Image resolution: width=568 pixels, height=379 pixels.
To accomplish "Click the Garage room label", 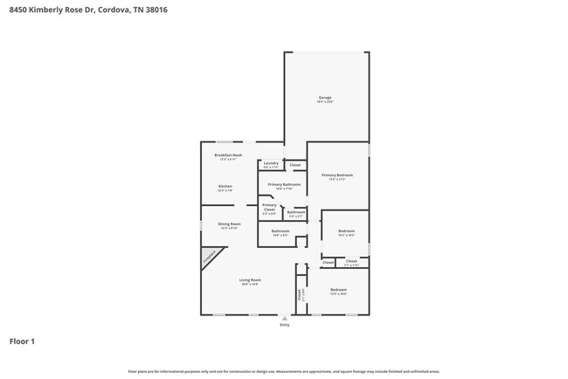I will pos(325,98).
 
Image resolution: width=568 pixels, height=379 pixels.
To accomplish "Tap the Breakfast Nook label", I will pos(229,155).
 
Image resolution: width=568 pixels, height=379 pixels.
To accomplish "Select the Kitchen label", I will pos(225,187).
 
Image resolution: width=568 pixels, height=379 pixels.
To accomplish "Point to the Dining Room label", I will pos(229,224).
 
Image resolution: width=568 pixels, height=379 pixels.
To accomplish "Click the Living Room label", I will pos(250,280).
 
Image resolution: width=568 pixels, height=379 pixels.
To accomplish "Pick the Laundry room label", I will pos(271,163).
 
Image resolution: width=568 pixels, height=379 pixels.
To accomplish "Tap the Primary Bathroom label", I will pos(284,185).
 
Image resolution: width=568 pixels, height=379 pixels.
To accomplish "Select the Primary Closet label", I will pos(269,207).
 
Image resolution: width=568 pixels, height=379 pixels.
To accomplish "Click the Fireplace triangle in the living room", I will pos(210,257).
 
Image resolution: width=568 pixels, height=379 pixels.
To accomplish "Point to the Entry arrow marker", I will pos(284,318).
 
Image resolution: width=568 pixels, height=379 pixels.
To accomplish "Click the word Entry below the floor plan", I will pos(284,325).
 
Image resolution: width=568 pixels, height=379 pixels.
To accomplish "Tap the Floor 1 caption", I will pos(22,341).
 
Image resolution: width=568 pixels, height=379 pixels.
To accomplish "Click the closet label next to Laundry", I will pos(295,165).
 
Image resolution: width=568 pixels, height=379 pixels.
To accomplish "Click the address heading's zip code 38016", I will pos(155,10).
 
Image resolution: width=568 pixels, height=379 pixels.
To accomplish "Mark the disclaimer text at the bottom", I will pos(284,371).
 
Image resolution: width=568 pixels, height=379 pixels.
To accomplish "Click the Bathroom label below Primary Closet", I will pos(280,231).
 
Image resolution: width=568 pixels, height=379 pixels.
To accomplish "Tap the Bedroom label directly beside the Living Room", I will pos(338,290).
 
